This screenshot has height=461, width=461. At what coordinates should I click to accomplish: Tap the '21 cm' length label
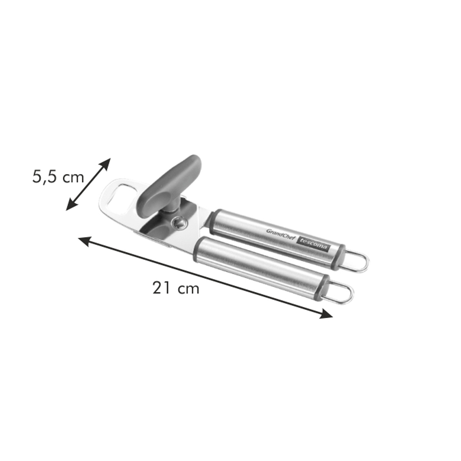coord(176,288)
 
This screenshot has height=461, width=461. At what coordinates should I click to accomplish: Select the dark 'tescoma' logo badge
coord(313,244)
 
